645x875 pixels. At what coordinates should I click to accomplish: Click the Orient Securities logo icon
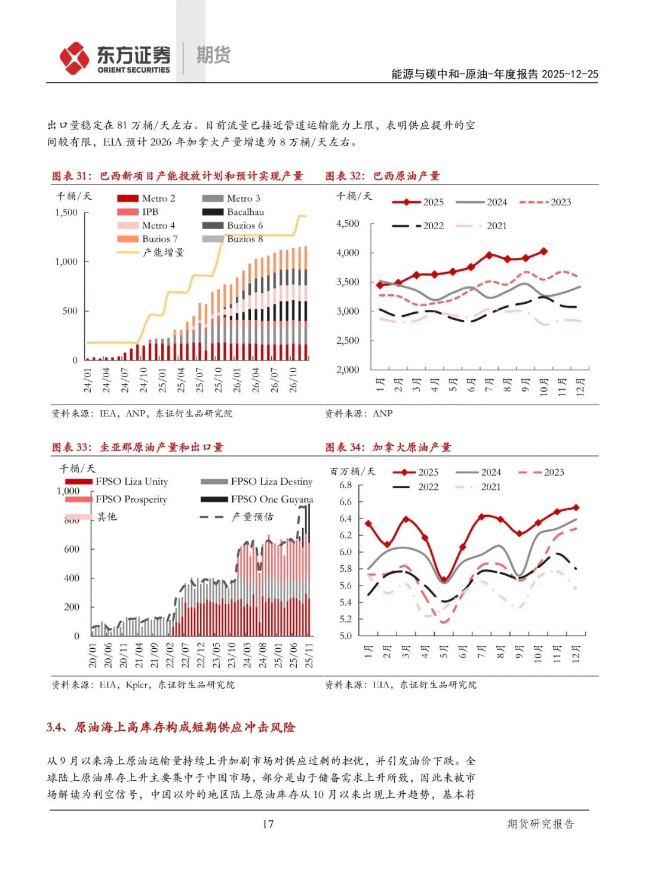click(x=75, y=58)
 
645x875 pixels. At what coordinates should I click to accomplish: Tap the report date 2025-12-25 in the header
click(x=570, y=74)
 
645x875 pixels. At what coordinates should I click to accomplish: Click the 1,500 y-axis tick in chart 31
click(x=66, y=212)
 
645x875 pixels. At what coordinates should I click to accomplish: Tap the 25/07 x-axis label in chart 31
click(x=199, y=380)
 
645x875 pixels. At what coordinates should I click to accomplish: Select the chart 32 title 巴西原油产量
click(x=406, y=176)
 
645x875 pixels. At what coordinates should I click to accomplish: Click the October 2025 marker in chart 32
click(x=543, y=251)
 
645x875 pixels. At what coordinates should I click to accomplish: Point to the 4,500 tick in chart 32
click(x=348, y=223)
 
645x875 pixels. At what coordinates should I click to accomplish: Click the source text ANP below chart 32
click(x=383, y=413)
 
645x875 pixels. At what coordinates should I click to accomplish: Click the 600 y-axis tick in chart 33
click(x=72, y=549)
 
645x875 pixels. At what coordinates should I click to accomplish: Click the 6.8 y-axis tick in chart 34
click(x=346, y=485)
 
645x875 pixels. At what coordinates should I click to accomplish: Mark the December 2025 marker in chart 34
click(x=576, y=507)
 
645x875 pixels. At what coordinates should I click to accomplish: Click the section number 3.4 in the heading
click(x=56, y=727)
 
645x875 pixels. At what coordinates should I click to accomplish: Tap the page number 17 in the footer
click(x=268, y=824)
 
